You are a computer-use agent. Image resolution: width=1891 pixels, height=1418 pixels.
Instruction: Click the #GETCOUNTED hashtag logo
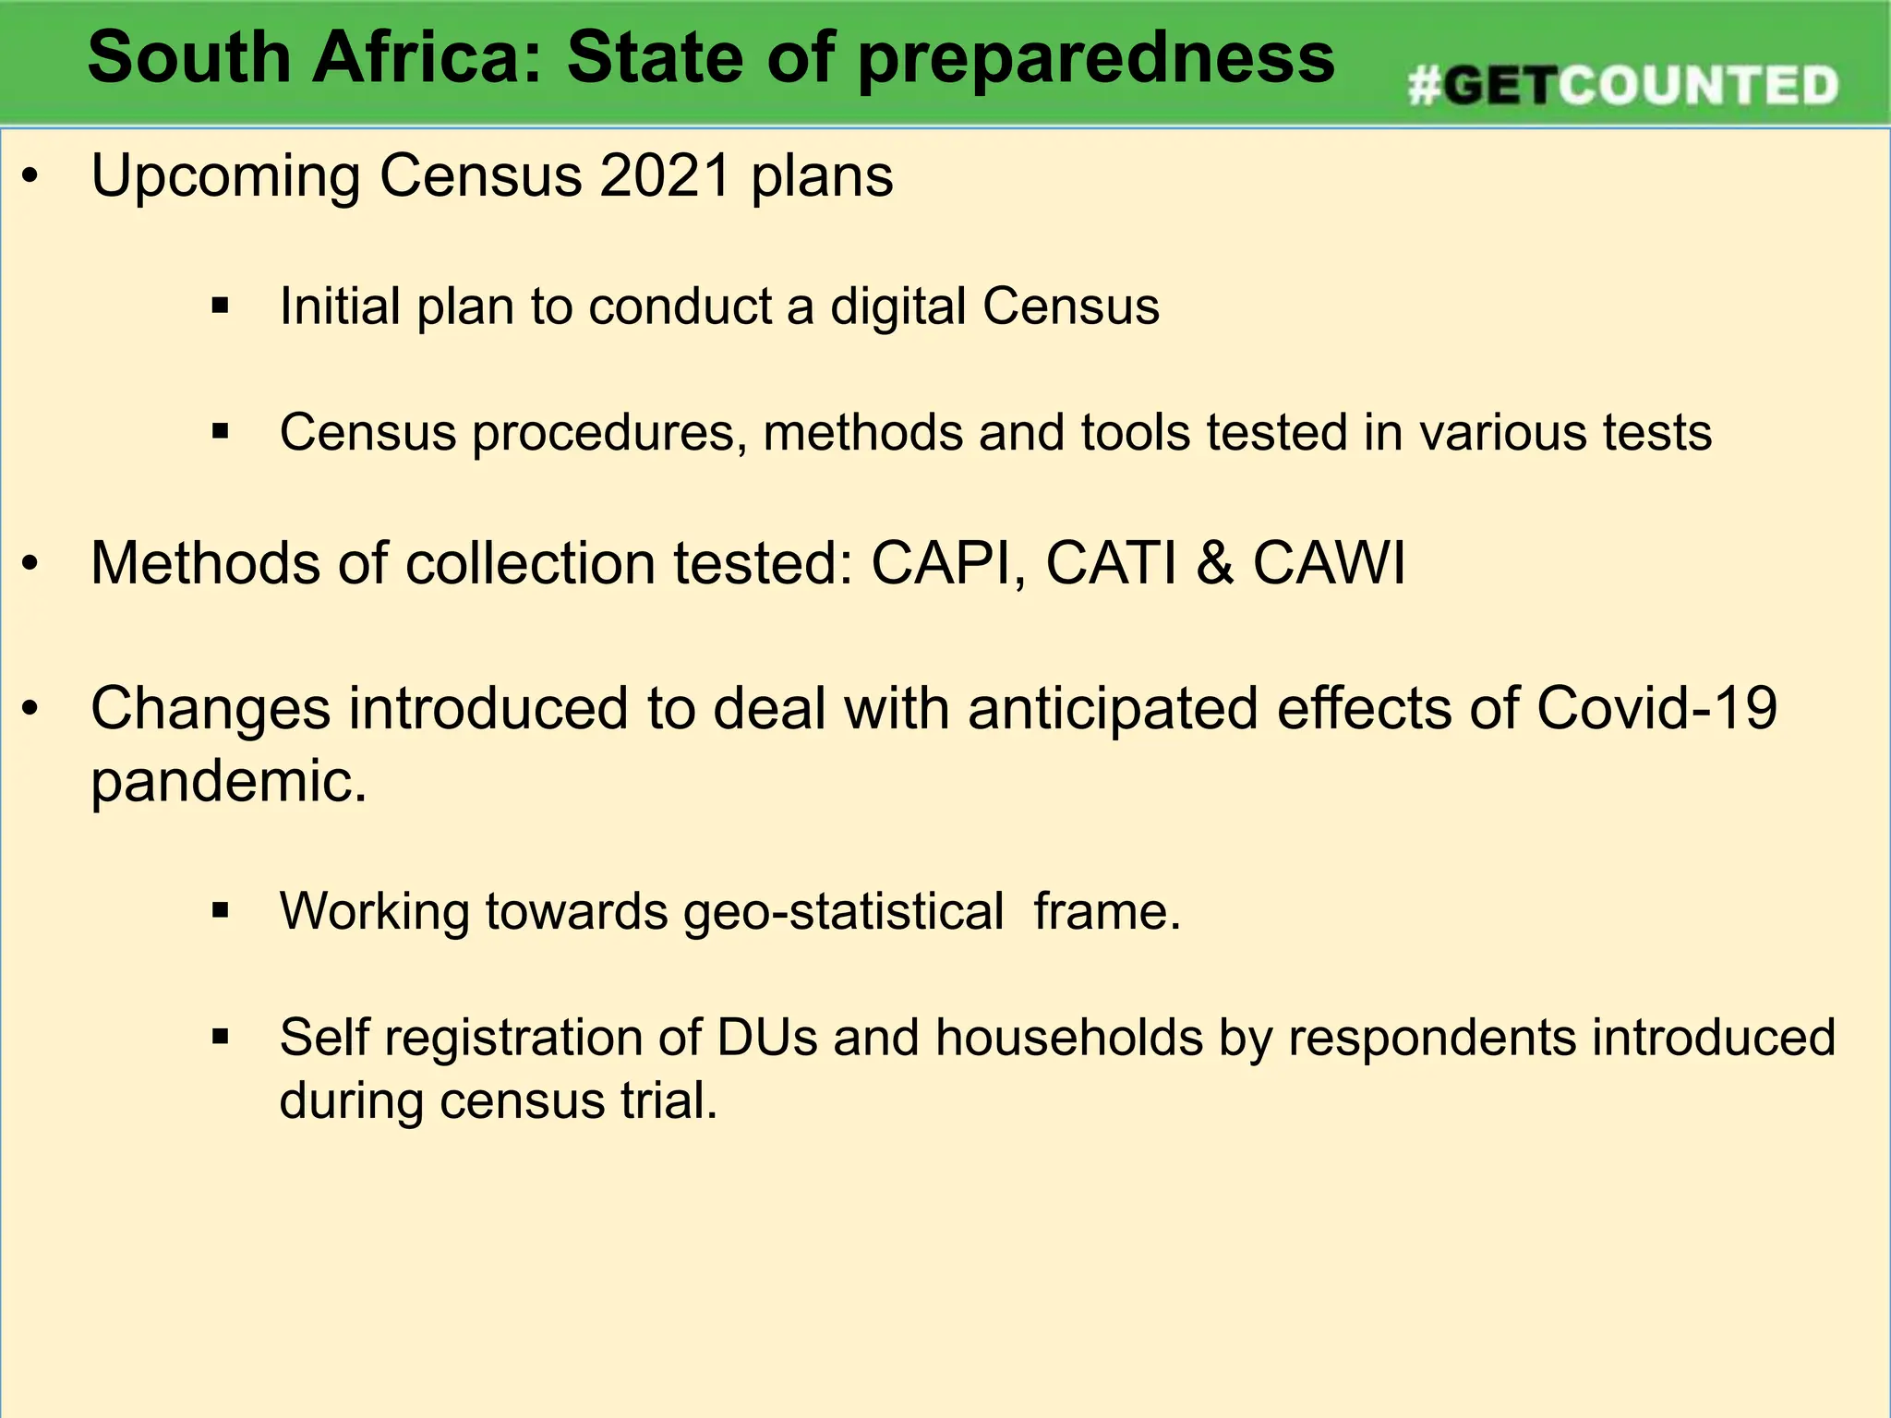click(1622, 86)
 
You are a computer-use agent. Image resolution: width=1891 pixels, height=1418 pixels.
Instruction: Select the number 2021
click(665, 175)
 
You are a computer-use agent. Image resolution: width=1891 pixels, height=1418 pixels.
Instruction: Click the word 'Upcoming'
click(225, 177)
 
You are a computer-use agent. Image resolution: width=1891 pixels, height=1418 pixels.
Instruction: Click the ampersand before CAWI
click(1214, 563)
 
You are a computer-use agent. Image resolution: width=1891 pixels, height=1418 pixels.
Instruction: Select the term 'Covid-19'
click(1656, 709)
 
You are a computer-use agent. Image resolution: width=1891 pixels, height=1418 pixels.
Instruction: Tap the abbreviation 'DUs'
click(766, 1038)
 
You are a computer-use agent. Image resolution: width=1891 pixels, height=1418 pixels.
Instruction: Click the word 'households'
click(1069, 1038)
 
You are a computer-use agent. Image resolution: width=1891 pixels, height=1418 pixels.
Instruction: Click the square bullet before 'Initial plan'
click(220, 306)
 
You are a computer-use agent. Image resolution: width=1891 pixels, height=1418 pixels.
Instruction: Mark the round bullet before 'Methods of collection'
click(30, 563)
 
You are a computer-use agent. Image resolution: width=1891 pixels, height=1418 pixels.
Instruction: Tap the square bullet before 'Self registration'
click(220, 1037)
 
